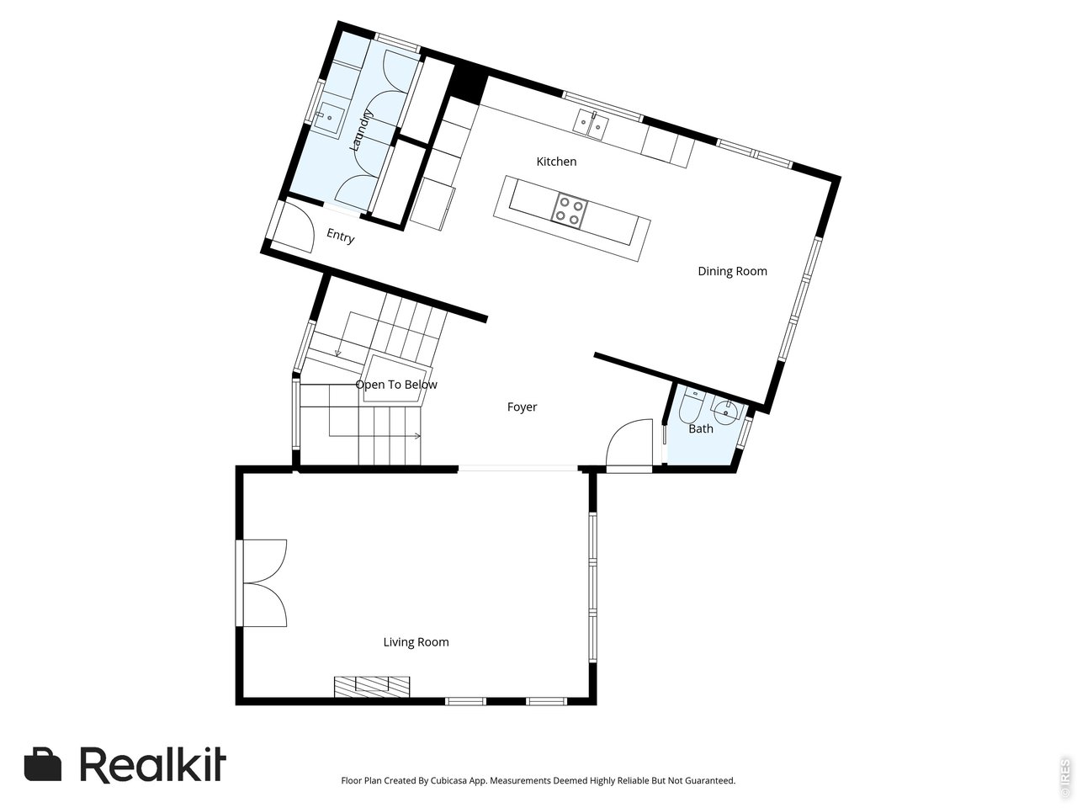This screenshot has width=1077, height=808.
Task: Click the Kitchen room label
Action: [x=556, y=162]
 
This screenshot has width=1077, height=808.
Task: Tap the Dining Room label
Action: [x=732, y=271]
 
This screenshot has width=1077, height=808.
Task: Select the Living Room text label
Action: [x=416, y=642]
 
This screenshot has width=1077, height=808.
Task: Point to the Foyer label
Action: [x=522, y=407]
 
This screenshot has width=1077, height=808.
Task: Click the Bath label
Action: [x=701, y=428]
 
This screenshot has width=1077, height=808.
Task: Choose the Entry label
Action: [x=341, y=237]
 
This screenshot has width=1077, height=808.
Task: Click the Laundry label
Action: [x=360, y=130]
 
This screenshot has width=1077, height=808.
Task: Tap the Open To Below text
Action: [x=396, y=385]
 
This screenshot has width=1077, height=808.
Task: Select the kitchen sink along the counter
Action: [x=592, y=124]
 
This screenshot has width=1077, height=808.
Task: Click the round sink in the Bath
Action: [x=725, y=413]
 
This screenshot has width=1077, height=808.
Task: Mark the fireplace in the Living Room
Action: [x=372, y=687]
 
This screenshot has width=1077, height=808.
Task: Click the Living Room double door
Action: [x=263, y=583]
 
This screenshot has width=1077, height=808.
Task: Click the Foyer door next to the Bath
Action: [x=629, y=444]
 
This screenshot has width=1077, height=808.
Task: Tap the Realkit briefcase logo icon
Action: [x=43, y=764]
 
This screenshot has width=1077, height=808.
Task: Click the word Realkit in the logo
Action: [x=153, y=764]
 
